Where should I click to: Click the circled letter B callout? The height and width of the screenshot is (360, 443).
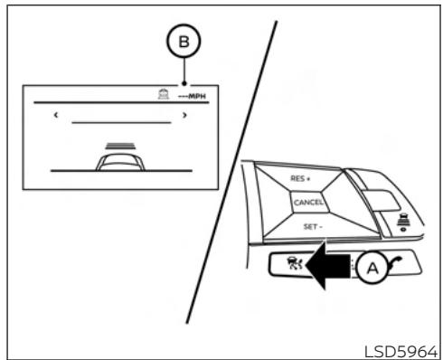(184, 43)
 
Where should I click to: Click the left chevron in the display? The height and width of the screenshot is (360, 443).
(54, 116)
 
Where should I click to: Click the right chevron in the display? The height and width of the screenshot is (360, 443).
(184, 116)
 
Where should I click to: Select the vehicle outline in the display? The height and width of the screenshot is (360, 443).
(119, 160)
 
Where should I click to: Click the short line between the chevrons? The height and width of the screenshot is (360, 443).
(120, 121)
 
